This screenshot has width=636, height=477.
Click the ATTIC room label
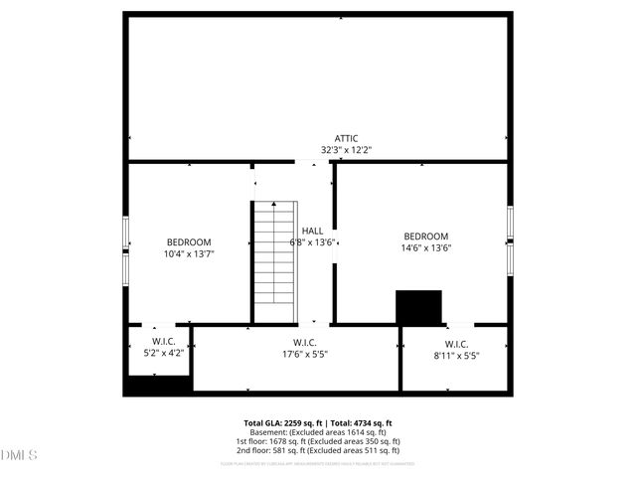coord(346,139)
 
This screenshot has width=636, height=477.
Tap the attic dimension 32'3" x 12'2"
coord(346,150)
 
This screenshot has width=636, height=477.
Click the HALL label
coord(312,231)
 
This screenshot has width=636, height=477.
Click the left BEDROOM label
coord(189,242)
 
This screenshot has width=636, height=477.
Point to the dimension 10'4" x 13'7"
coord(189,254)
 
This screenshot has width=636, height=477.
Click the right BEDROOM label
coord(426,237)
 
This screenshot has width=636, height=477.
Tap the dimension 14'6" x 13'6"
coord(426,248)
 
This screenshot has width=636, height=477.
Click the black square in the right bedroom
coord(418,306)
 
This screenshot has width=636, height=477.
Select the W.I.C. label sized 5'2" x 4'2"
coord(164,341)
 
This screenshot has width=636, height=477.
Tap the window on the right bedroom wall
coord(509,238)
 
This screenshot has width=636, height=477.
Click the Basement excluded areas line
coord(317,432)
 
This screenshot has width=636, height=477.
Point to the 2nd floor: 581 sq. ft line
coord(317,450)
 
